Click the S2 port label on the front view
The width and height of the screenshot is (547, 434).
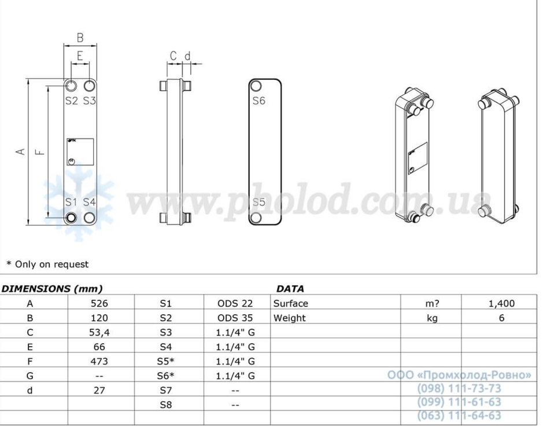click(71, 101)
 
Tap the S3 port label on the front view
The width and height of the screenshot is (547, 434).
click(89, 101)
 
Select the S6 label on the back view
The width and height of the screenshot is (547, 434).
click(258, 101)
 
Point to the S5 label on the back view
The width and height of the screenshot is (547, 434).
click(258, 203)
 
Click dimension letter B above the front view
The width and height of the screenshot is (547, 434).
click(80, 38)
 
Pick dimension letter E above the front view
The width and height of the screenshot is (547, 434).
click(80, 56)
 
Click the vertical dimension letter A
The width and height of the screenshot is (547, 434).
click(20, 152)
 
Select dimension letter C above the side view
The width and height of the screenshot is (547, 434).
click(173, 56)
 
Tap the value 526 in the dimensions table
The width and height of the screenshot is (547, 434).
click(99, 303)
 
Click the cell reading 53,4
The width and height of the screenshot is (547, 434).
click(99, 332)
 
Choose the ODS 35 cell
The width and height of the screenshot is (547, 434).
click(235, 318)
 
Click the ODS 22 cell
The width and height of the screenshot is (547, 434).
click(235, 303)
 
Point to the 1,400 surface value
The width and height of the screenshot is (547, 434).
click(501, 303)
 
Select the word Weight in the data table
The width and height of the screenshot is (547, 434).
click(290, 318)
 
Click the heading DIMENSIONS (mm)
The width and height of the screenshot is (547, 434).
click(52, 288)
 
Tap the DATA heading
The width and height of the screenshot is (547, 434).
click(290, 288)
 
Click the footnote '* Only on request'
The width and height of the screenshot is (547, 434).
click(47, 264)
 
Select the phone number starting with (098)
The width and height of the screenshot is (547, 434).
click(459, 388)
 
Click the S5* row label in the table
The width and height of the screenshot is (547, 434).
click(166, 361)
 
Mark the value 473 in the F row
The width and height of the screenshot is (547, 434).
click(99, 361)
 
